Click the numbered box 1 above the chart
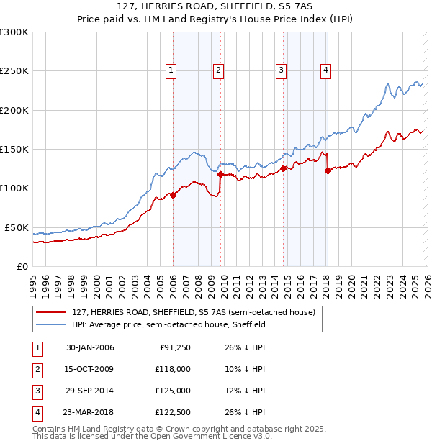(x=171, y=70)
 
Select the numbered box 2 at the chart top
(x=217, y=70)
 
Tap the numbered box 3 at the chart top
(x=280, y=70)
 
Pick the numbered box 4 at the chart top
(x=326, y=70)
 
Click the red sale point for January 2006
(x=173, y=195)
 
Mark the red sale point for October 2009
(x=220, y=174)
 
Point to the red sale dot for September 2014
(x=283, y=168)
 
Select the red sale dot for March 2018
(x=328, y=170)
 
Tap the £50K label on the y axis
(x=17, y=227)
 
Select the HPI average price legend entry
(x=168, y=324)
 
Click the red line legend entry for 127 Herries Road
(x=193, y=312)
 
